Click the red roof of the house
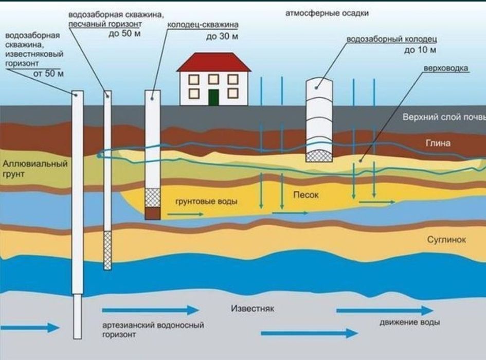214,62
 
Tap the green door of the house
213,97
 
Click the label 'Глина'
438,143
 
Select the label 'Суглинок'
446,240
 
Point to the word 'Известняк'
253,309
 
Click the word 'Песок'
306,195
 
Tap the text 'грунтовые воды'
206,202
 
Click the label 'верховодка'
445,68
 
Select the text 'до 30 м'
222,37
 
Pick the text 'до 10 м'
420,50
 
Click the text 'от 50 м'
48,74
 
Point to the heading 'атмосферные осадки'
327,13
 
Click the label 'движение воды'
410,322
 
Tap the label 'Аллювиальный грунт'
35,169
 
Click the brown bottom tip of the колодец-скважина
153,213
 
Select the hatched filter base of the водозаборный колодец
319,156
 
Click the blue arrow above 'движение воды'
385,311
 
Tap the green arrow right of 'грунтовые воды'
185,214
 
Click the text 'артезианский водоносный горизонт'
153,330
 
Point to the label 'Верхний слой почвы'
444,117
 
